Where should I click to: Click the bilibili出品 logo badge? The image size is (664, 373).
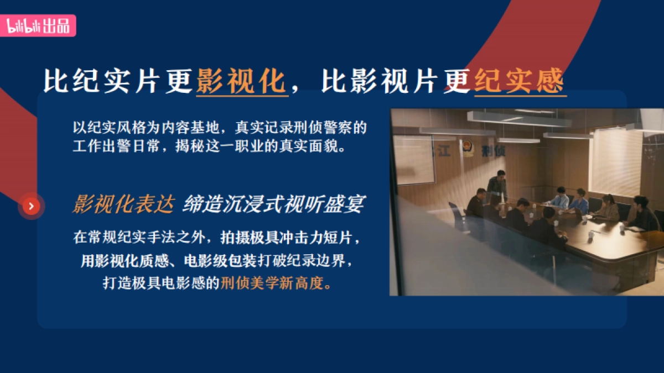[39, 26]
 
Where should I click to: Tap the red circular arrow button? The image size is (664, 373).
[32, 207]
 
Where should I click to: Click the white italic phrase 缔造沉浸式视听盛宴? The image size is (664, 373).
[273, 204]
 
